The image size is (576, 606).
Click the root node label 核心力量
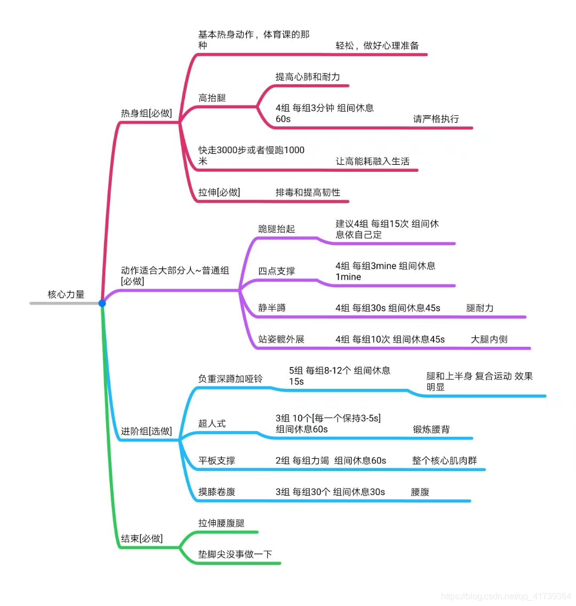[66, 294]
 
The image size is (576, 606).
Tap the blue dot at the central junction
[102, 303]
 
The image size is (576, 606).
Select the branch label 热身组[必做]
[146, 114]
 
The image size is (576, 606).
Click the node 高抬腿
[212, 98]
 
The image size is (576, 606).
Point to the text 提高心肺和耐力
[307, 77]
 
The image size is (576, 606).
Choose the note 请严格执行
[436, 119]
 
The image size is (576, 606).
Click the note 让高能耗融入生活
[372, 161]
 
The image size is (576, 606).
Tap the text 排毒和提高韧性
[308, 193]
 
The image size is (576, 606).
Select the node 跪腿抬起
[276, 229]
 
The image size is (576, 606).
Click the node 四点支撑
[276, 271]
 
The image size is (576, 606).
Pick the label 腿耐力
[479, 308]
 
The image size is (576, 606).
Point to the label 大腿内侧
[489, 339]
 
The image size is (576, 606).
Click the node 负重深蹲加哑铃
[230, 379]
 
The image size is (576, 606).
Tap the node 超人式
[212, 424]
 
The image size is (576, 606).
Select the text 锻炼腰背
[431, 429]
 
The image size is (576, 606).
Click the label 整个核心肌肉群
[444, 460]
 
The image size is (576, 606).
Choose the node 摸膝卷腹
[217, 492]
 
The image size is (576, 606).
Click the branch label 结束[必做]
[141, 539]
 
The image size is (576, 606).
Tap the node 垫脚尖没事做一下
[235, 555]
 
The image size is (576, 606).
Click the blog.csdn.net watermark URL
[506, 596]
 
